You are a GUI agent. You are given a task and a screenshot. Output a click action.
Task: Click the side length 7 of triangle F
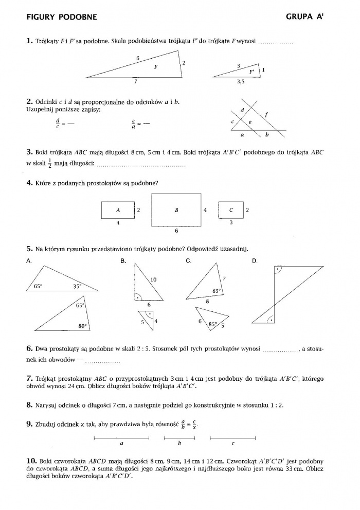point(135,81)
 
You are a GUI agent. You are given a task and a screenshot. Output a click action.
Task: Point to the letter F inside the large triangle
point(156,67)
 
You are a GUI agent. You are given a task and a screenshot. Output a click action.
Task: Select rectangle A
point(118,210)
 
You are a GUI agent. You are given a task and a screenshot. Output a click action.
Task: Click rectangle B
point(176,210)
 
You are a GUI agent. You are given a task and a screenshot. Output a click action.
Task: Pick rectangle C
point(230,210)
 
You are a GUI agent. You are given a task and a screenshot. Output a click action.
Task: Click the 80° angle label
point(81,326)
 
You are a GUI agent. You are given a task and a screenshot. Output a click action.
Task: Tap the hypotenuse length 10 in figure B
point(153,279)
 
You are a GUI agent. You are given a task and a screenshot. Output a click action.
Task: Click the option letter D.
point(255,261)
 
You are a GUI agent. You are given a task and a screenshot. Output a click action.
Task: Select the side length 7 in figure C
point(224,278)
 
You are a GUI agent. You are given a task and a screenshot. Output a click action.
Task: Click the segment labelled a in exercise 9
point(121,438)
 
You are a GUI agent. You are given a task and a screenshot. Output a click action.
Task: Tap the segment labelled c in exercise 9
point(233,438)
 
